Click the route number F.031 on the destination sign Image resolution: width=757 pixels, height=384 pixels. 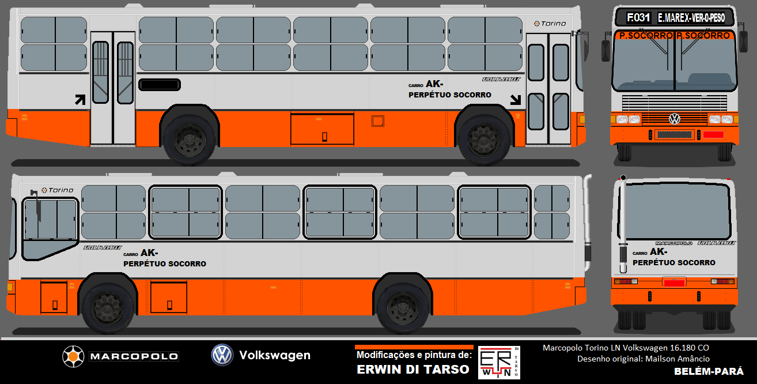pos(639,17)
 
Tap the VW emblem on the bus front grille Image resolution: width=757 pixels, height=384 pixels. pos(674,119)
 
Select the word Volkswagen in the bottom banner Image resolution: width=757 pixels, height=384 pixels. pos(274,355)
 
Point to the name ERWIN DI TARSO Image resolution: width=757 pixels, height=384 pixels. pos(413,370)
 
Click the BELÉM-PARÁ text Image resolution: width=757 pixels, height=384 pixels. pos(708,371)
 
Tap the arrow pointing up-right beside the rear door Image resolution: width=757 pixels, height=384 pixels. pos(80,100)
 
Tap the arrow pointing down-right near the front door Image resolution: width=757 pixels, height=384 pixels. pos(515,100)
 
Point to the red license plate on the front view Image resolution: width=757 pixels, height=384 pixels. pos(713,134)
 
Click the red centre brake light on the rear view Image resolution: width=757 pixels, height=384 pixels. pos(674,282)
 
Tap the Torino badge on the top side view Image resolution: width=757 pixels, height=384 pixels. pos(550,24)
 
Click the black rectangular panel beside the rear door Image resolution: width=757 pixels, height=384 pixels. pos(158,85)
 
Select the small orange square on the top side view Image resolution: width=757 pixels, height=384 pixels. pos(377,121)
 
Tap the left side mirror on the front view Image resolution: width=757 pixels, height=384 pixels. pos(605,50)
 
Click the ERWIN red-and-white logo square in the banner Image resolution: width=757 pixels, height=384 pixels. pos(499,363)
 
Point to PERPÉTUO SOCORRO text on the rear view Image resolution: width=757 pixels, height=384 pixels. pos(673,263)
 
